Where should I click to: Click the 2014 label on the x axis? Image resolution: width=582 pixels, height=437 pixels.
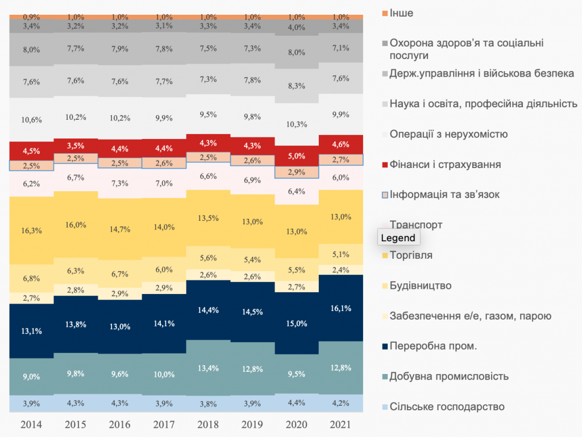pyautogui.click(x=31, y=425)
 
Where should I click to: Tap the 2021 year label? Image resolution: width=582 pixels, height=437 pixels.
pyautogui.click(x=340, y=425)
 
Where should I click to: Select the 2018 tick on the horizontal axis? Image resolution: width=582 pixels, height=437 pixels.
pyautogui.click(x=207, y=425)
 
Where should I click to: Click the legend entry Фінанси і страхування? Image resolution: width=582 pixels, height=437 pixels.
pyautogui.click(x=445, y=165)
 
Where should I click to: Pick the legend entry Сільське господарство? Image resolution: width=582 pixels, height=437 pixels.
pyautogui.click(x=447, y=406)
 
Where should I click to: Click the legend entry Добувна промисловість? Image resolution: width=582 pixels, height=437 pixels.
pyautogui.click(x=449, y=376)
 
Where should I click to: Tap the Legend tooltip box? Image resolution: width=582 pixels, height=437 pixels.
pyautogui.click(x=398, y=238)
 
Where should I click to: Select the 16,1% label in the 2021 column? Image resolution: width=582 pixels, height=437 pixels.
pyautogui.click(x=340, y=308)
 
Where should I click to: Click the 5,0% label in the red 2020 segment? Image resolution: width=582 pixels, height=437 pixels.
pyautogui.click(x=296, y=156)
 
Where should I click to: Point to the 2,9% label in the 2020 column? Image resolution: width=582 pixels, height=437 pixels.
pyautogui.click(x=296, y=172)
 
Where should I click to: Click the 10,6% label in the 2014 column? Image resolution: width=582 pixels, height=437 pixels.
pyautogui.click(x=31, y=120)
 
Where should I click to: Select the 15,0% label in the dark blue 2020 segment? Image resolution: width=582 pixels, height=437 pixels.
pyautogui.click(x=296, y=323)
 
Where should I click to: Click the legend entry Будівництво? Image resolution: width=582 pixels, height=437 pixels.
pyautogui.click(x=421, y=285)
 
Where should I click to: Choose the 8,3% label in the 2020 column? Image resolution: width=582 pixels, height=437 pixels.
pyautogui.click(x=296, y=86)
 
